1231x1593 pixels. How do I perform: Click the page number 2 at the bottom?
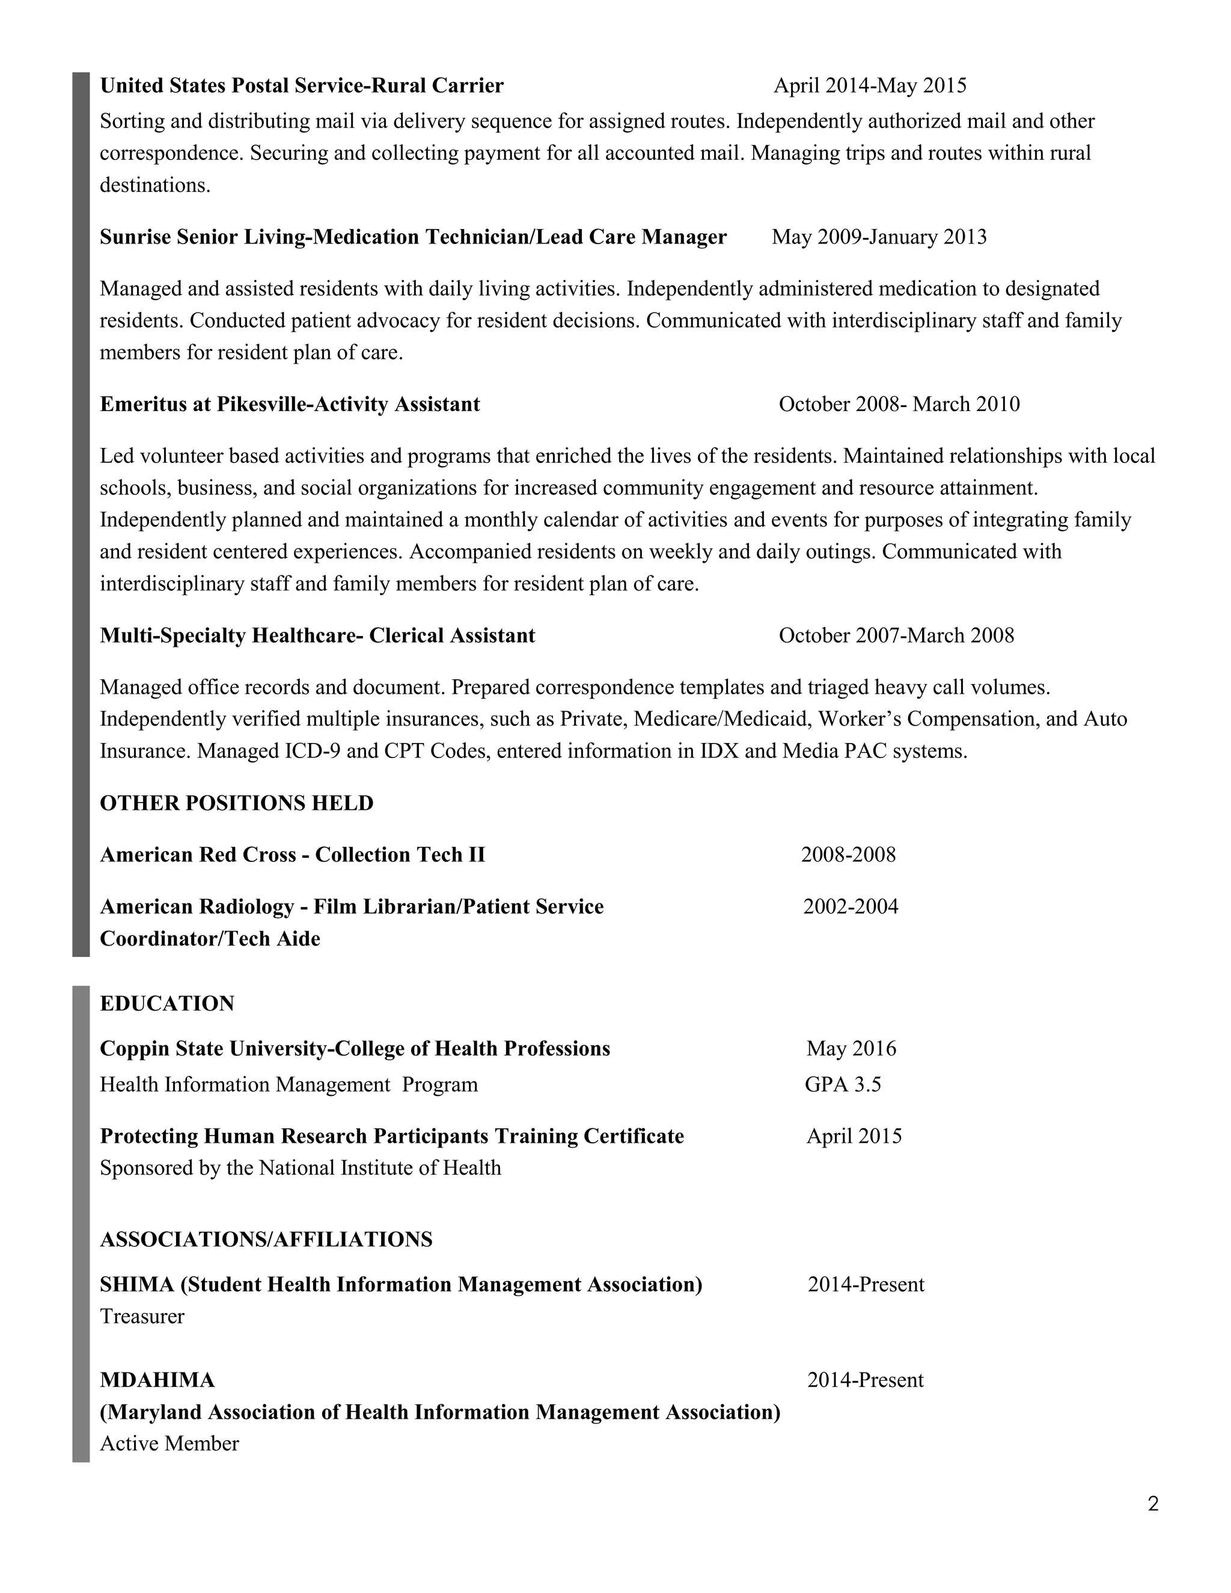(1153, 1503)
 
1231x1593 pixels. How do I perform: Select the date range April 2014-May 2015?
(869, 86)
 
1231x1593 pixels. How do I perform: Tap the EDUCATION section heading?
(167, 1004)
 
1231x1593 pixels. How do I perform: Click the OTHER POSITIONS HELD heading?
(236, 803)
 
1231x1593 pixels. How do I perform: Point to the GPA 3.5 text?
(843, 1084)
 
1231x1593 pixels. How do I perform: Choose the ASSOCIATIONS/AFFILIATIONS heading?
(266, 1240)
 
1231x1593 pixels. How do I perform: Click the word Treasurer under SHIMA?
(142, 1316)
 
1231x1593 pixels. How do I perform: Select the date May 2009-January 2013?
(879, 237)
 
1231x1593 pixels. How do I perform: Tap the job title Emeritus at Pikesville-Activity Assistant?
(290, 404)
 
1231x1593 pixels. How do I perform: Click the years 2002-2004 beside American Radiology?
(851, 907)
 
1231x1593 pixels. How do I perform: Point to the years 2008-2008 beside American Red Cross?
(848, 855)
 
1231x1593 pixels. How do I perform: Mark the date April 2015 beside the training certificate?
(854, 1136)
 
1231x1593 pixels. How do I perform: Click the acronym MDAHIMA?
(157, 1380)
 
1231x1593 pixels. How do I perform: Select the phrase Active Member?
(169, 1443)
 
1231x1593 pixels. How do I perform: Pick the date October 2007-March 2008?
(896, 635)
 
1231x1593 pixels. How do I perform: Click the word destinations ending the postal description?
(154, 185)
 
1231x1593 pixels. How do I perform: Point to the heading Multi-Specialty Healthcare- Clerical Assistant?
(317, 635)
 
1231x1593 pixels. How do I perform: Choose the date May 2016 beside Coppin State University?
(851, 1049)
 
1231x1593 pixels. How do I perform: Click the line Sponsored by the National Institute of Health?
(301, 1168)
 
